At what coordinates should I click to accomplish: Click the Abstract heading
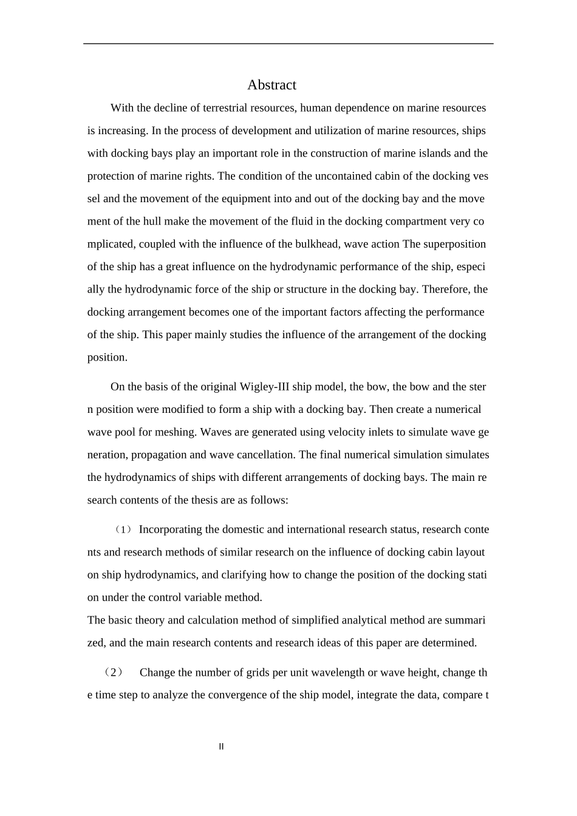pyautogui.click(x=271, y=85)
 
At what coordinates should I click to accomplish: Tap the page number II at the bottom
pyautogui.click(x=221, y=747)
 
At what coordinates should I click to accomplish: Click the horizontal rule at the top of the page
pyautogui.click(x=288, y=44)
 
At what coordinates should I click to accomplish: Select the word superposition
pyautogui.click(x=454, y=244)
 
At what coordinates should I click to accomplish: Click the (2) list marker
pyautogui.click(x=114, y=673)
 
